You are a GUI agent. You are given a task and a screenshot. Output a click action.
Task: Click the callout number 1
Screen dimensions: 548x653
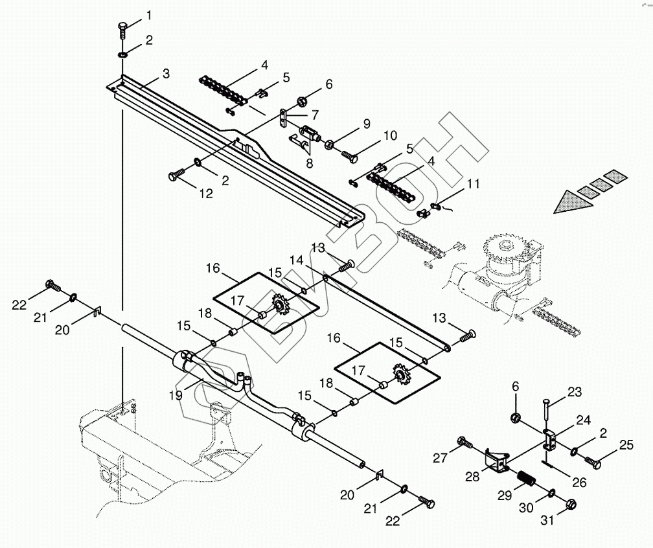point(149,14)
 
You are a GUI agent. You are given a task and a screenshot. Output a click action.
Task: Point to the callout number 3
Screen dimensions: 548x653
point(166,74)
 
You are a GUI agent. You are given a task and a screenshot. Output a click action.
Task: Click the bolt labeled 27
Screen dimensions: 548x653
point(464,442)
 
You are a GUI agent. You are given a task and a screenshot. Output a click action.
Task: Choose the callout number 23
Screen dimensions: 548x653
point(575,391)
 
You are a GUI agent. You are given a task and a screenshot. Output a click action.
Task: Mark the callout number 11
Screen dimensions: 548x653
point(473,184)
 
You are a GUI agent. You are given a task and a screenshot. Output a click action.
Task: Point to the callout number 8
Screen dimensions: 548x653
point(309,163)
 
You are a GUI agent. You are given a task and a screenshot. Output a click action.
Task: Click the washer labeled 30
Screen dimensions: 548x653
point(551,496)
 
